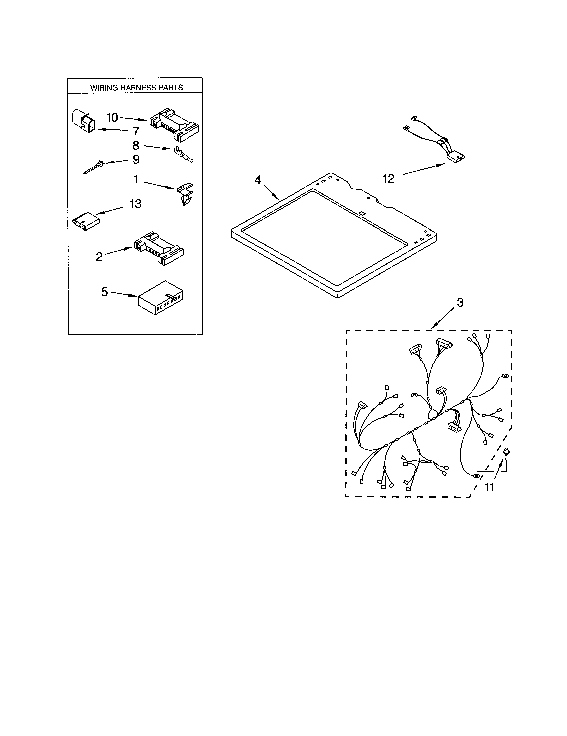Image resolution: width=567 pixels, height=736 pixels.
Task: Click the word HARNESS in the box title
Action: [x=137, y=88]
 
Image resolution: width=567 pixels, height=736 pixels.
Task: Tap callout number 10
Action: [x=112, y=118]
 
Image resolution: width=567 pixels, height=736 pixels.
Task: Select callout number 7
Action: [x=136, y=131]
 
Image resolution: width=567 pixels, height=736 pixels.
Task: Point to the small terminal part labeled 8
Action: [x=183, y=155]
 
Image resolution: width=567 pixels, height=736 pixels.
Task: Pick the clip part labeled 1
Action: [x=185, y=194]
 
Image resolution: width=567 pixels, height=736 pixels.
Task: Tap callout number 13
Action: [x=136, y=204]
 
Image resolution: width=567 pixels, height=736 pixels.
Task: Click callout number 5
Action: [x=105, y=292]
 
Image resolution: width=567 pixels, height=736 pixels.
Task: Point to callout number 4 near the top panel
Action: [x=257, y=180]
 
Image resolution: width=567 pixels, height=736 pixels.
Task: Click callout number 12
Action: [x=388, y=179]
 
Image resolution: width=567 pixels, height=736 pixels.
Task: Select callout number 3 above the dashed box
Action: [x=460, y=303]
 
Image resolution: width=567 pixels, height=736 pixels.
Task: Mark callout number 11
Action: [x=489, y=487]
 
